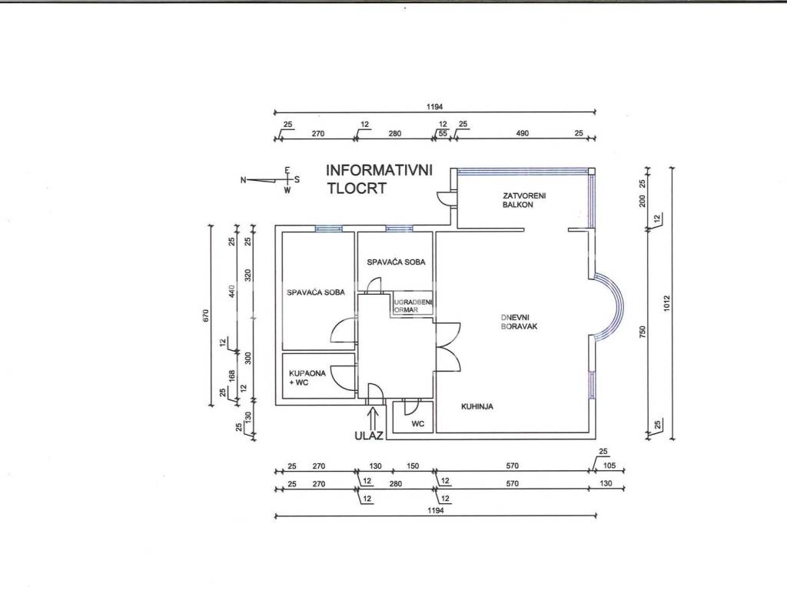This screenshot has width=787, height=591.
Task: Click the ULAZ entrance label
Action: pos(369,436)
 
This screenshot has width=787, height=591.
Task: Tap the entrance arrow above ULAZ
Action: pos(373,418)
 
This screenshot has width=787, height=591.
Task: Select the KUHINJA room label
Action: pos(477,406)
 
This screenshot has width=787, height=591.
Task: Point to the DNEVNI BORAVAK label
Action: pos(519,322)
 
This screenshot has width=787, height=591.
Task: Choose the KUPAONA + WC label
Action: pos(307,378)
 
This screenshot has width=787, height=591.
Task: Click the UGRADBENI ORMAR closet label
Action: pos(413,306)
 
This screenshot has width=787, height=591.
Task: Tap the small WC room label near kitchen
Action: pos(418,424)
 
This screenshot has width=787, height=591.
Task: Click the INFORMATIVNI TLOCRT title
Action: pos(379,179)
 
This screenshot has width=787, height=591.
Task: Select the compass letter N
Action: pos(244,179)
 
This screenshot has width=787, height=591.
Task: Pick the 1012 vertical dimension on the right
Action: pos(666,303)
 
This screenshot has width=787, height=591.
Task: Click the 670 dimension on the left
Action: pos(206,316)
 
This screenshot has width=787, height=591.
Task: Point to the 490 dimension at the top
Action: pos(523,133)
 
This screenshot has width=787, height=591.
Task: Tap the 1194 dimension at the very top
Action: pos(435,106)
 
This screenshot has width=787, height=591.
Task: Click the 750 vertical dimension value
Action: pos(643,332)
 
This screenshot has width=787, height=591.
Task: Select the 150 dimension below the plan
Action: pos(413,466)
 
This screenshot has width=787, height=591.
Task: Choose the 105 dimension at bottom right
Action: pos(609,466)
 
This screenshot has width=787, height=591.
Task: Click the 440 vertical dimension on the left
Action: pos(231,291)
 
